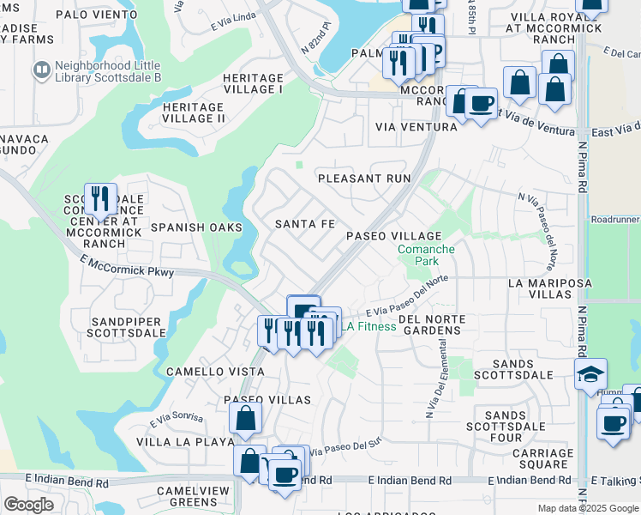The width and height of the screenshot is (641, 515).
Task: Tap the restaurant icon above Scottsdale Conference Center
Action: pos(100,199)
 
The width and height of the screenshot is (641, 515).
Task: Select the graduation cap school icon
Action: pos(590,374)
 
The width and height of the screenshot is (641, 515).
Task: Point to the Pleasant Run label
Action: pos(364,179)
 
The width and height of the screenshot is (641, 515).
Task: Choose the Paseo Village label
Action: pos(393,236)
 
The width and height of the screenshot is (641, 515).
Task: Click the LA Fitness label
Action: pos(369,326)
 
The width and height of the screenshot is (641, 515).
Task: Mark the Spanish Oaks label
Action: pos(196,227)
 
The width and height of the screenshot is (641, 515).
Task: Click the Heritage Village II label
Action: pos(193,112)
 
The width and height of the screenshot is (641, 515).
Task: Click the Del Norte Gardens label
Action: pos(433,324)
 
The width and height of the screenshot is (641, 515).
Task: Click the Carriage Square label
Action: pos(542,458)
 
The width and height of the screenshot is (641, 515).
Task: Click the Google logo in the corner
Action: pos(28,504)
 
